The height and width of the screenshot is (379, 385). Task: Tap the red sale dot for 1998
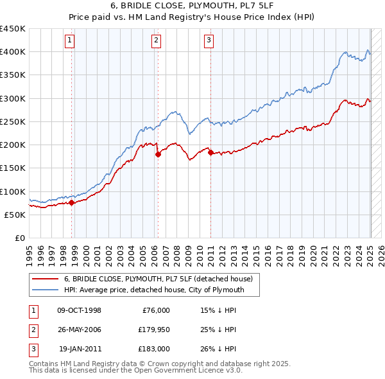(x=71, y=202)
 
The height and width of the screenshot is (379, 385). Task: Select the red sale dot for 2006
(x=158, y=154)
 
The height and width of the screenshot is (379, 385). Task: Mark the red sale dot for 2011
(x=210, y=152)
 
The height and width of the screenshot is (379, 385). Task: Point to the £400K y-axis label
(x=13, y=52)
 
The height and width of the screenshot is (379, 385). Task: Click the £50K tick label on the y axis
(x=15, y=215)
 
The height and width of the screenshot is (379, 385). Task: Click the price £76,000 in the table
(x=155, y=310)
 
